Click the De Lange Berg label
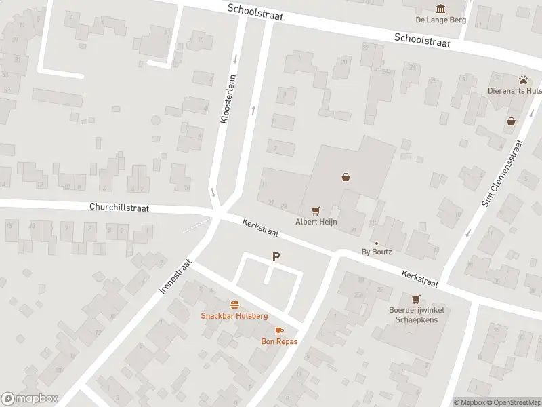(442, 20)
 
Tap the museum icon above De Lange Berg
(442, 8)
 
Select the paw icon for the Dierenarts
(524, 79)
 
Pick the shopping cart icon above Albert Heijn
(315, 211)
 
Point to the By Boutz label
(377, 252)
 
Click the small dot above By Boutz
(377, 243)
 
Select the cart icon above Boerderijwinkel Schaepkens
(415, 298)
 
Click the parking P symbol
(276, 256)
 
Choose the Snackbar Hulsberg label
(234, 316)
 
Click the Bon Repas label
(279, 341)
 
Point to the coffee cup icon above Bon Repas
(279, 330)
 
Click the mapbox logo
(30, 399)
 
